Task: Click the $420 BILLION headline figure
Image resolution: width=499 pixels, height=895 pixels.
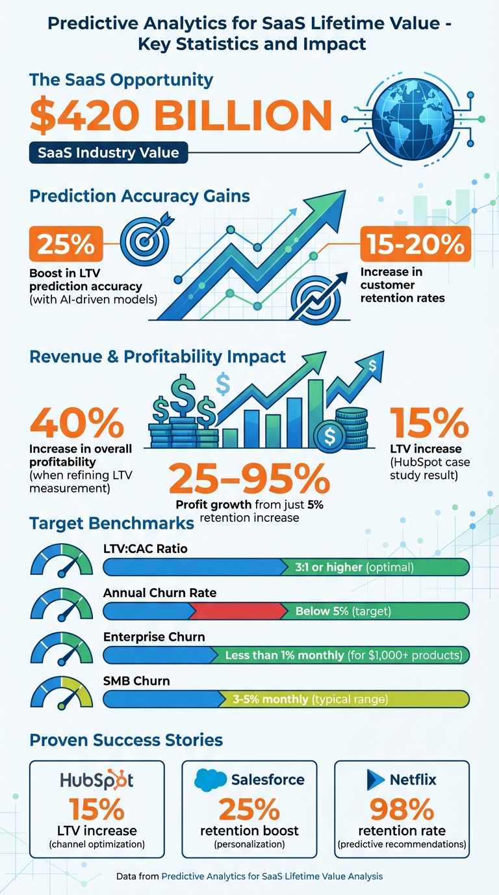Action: [x=181, y=116]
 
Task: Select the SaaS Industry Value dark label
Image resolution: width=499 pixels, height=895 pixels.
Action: [x=109, y=154]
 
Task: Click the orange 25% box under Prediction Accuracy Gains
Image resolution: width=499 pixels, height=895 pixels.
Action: [x=65, y=243]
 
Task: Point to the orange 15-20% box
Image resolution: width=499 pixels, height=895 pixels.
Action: [x=415, y=243]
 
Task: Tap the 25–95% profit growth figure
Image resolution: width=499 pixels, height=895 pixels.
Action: [x=249, y=479]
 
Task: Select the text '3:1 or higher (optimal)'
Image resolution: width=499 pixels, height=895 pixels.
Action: [x=354, y=567]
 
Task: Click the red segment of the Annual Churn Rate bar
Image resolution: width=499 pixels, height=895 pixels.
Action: [x=238, y=611]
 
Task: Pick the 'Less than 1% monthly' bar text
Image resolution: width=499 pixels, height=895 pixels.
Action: [x=284, y=655]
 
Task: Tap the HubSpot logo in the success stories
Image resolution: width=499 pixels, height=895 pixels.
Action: [x=97, y=780]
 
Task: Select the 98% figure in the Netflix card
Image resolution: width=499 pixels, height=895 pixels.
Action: [x=402, y=809]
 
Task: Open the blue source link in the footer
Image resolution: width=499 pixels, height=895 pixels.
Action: [x=272, y=876]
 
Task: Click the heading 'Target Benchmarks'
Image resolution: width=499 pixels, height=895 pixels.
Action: [x=112, y=523]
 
